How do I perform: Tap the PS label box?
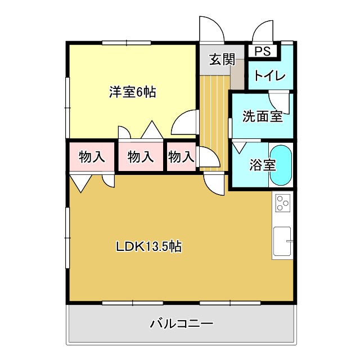click(x=262, y=51)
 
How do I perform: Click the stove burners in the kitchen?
click(x=282, y=202)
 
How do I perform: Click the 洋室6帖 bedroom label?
click(x=132, y=92)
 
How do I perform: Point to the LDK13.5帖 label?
click(x=148, y=246)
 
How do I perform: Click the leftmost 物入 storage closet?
click(x=92, y=157)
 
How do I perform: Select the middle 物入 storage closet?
click(x=141, y=157)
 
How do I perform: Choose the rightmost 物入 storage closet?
click(x=181, y=157)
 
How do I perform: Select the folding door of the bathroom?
click(x=238, y=147)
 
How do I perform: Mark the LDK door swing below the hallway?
click(x=214, y=182)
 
